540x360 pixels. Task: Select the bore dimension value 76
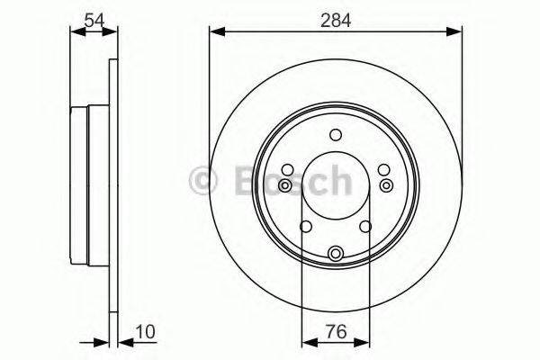337,331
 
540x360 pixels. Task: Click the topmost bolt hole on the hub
336,136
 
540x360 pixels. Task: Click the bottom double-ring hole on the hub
336,254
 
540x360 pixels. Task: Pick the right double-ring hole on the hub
387,185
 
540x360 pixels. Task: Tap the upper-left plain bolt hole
287,169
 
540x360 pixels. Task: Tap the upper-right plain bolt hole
384,169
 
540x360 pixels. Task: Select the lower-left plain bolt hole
305,227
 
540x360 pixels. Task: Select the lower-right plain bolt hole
366,227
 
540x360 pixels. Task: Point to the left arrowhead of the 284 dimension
215,32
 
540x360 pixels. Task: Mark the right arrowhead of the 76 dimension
365,342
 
